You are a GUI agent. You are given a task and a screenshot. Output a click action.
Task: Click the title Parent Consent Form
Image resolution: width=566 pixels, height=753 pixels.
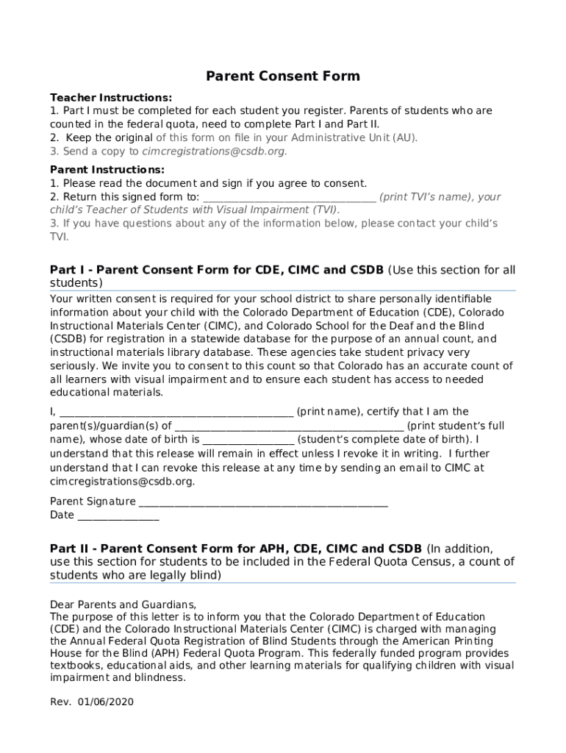coord(283,76)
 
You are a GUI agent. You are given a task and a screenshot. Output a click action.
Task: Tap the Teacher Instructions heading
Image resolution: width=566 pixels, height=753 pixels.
coord(111,98)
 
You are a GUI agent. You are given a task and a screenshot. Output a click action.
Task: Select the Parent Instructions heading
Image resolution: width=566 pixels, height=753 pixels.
coord(107,170)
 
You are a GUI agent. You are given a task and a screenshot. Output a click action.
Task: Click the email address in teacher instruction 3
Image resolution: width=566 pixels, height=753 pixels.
coord(212,151)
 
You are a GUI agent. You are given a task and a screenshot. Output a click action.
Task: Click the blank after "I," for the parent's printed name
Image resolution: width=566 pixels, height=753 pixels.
coord(176,412)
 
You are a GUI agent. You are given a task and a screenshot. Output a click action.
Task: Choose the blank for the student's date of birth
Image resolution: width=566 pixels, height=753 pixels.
coord(248,440)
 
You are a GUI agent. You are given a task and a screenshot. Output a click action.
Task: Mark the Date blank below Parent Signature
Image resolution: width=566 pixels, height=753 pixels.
coord(118,515)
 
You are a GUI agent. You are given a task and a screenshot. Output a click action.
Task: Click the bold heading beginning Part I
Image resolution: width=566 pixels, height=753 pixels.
coord(216,270)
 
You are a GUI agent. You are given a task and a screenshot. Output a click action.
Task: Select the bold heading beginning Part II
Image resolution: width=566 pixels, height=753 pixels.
coord(235,549)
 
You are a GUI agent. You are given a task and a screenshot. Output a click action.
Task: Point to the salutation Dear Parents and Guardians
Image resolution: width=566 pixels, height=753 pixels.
coord(123,604)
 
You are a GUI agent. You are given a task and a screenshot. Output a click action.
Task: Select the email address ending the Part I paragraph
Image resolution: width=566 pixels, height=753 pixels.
coord(122,482)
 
